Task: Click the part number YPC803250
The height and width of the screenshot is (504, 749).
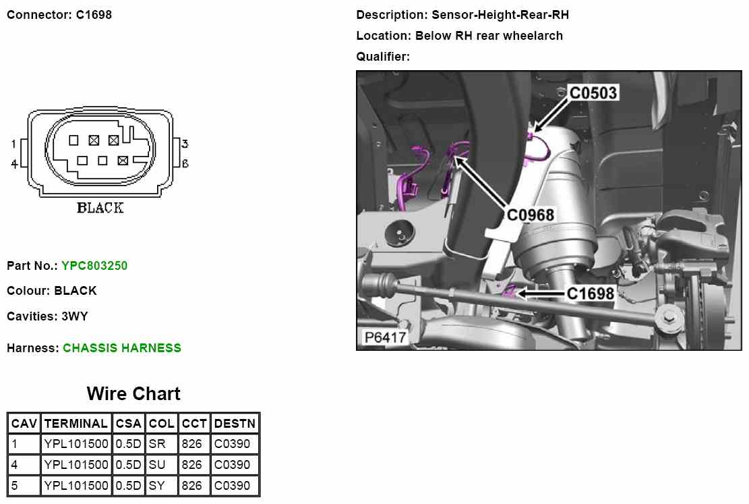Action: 94,266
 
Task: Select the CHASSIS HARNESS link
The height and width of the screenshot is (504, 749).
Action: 122,348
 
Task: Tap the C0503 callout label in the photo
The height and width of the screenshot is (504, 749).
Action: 593,92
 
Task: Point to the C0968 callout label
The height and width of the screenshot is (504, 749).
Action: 530,215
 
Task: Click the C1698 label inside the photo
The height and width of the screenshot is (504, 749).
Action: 590,293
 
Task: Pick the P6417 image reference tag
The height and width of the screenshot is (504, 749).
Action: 385,337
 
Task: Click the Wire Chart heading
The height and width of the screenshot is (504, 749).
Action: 133,393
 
